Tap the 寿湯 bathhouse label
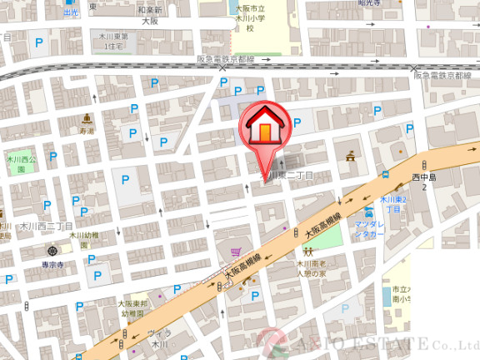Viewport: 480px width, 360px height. pos(87,132)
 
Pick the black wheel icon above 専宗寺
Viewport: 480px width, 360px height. pos(53,251)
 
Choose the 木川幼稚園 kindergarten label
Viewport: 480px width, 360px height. pos(83,240)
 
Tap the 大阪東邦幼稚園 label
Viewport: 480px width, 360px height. pos(133,309)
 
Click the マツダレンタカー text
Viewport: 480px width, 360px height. pos(370,229)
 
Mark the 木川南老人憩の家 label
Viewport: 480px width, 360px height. pos(312,268)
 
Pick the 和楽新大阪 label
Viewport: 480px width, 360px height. pos(149,16)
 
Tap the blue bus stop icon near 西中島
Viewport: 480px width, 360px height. pos(385,175)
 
